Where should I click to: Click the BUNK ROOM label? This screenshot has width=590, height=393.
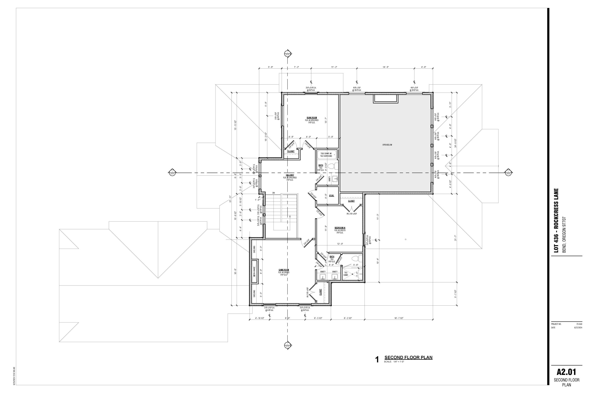coord(312,118)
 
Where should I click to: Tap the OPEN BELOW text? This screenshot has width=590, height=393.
coord(387,145)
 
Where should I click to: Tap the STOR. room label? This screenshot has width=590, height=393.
coord(331,196)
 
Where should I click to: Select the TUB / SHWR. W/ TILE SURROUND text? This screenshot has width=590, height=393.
coord(326,155)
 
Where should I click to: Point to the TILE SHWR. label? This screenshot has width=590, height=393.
coord(346,274)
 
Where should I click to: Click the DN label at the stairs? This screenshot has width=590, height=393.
coord(273,193)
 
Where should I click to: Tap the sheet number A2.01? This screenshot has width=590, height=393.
coord(566,372)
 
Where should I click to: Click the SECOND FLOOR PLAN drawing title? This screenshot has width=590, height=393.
coord(408,357)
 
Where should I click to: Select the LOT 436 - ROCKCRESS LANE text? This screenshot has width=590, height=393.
coord(556,220)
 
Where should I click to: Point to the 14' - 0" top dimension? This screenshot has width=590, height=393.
coord(385,67)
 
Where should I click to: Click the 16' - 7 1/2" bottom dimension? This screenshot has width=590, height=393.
coord(399,318)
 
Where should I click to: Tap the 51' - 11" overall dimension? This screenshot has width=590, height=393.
coord(230,199)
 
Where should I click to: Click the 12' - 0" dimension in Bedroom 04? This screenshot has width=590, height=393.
coord(340,244)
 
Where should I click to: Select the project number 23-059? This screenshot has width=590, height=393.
coord(579,324)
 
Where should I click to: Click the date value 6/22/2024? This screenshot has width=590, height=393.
coord(578,328)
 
